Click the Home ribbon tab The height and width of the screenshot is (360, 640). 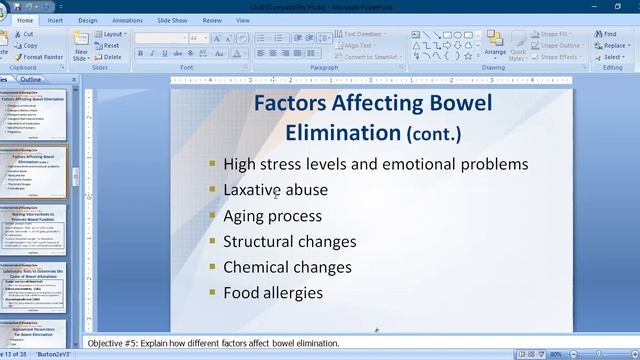[x=25, y=20]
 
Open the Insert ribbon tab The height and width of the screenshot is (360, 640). [x=55, y=20]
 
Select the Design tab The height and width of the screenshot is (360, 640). [x=88, y=20]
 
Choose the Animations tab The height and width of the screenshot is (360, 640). [x=127, y=20]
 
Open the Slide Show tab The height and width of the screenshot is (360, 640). [x=172, y=20]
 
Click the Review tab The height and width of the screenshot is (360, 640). [x=213, y=20]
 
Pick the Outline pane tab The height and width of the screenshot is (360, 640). [x=31, y=79]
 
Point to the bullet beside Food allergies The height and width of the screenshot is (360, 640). [x=212, y=293]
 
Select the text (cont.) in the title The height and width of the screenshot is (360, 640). [x=434, y=133]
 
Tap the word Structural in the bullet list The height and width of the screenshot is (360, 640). [x=258, y=241]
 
